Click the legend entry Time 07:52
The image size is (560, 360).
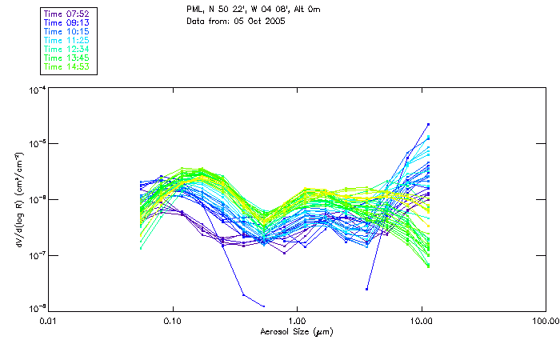point(67,14)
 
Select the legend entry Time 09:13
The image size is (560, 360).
point(67,22)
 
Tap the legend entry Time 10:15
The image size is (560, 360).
point(67,31)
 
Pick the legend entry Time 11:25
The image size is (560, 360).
point(67,40)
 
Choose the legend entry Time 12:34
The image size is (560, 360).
point(67,49)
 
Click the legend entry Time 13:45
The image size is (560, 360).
point(67,58)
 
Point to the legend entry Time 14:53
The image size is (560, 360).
point(67,66)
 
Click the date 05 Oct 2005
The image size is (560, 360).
point(261,21)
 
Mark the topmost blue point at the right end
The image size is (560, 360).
point(429,124)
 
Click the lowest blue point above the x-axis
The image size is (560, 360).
point(264,306)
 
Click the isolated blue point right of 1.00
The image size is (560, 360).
point(366,289)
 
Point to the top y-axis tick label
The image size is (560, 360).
point(36,90)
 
